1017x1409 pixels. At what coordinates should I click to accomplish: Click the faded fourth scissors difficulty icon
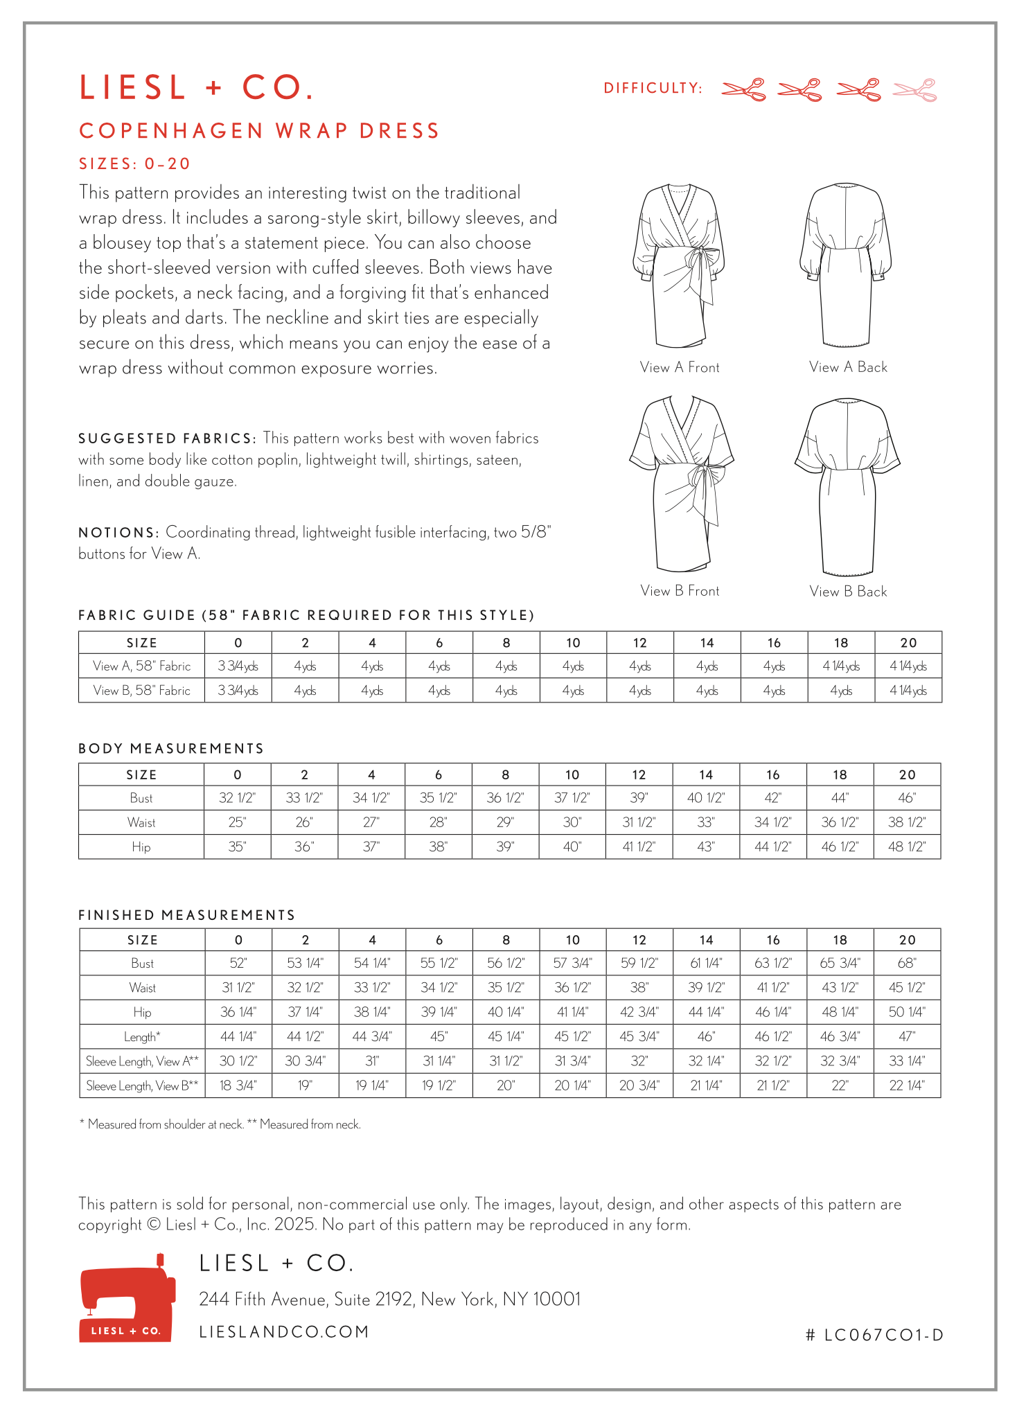pos(914,90)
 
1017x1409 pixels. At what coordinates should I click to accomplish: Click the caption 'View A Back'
pos(848,367)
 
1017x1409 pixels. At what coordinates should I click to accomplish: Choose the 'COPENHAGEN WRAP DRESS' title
pos(260,131)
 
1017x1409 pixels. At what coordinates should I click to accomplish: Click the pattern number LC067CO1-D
pos(875,1335)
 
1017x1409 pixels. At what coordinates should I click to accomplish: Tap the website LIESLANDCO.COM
pos(284,1331)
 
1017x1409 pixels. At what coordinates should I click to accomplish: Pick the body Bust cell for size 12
pos(639,798)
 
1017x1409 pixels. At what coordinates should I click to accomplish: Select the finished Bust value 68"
pos(907,963)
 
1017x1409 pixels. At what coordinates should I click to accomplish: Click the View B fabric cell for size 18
pos(841,691)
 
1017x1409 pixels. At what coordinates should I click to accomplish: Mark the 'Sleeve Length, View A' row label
pos(142,1061)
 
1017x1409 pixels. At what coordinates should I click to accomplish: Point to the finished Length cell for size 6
pos(439,1036)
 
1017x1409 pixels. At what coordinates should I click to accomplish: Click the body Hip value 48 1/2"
pos(907,847)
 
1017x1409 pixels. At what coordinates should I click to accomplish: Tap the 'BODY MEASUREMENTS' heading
pos(171,749)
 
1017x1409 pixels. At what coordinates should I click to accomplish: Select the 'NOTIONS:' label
pos(119,533)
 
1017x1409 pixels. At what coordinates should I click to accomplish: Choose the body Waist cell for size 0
pos(237,822)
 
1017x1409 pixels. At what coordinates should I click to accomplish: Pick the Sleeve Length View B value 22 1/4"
pos(907,1085)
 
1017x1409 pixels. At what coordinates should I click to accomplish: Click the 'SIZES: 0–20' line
pos(134,164)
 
